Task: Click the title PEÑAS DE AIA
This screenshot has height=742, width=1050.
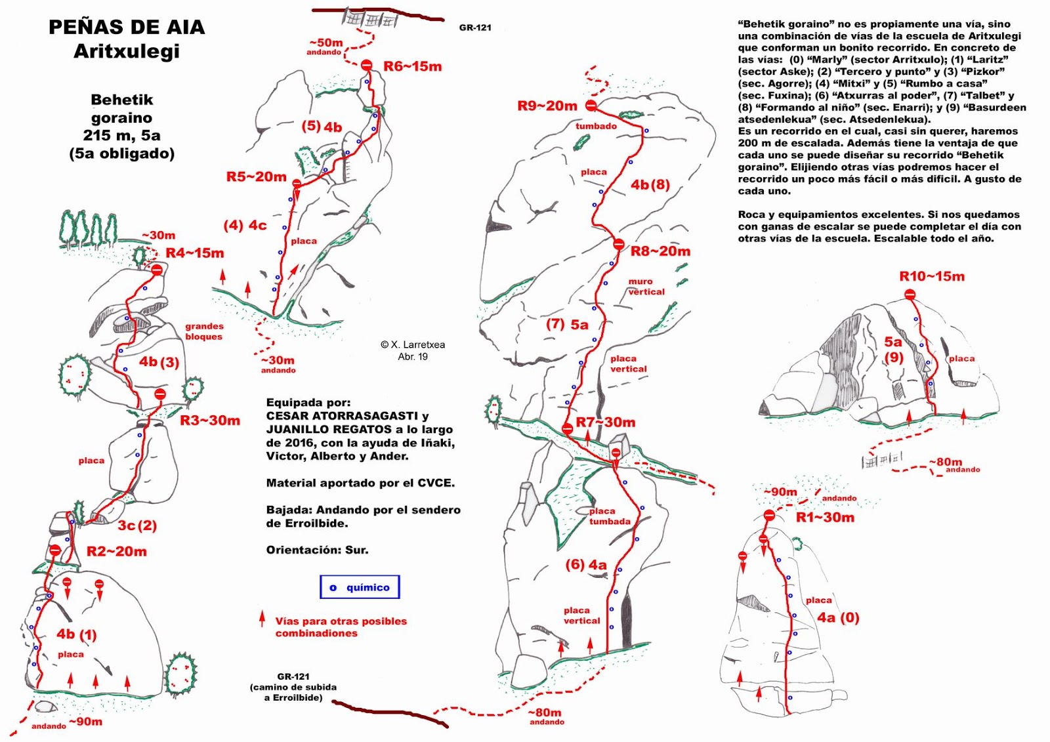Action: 127,28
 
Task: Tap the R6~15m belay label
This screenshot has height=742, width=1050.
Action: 412,66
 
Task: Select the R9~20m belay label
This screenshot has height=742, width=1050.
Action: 547,106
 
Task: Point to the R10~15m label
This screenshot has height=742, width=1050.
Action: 931,277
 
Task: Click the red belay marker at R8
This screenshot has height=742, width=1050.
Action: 618,245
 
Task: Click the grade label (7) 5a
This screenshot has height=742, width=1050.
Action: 567,324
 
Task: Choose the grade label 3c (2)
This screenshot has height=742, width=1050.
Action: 137,526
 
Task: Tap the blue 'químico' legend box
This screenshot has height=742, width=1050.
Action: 360,587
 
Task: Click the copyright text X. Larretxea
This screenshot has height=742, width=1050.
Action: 413,344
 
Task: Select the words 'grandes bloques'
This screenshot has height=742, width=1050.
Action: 203,331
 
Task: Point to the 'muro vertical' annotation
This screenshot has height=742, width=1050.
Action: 646,287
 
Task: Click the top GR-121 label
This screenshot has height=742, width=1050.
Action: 475,28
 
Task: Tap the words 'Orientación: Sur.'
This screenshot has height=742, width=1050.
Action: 317,550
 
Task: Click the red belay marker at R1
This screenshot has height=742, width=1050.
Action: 769,516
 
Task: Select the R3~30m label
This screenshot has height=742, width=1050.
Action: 210,421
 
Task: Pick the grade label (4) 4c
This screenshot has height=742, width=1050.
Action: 245,226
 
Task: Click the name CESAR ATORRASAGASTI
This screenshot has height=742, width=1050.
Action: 341,416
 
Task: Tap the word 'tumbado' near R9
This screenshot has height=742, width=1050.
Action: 596,126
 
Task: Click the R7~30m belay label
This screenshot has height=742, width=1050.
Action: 605,423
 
